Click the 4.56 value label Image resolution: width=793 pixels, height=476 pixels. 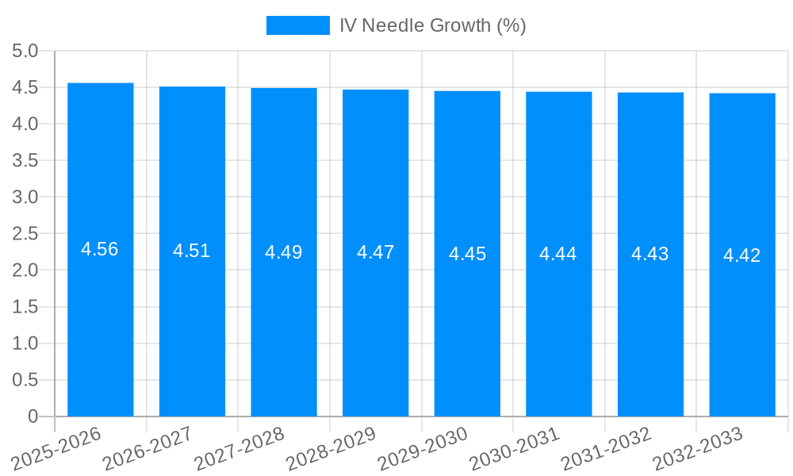[100, 249]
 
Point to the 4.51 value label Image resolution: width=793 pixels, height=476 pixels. [192, 251]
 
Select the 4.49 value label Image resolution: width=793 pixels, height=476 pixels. [284, 252]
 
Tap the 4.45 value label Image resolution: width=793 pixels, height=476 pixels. [467, 254]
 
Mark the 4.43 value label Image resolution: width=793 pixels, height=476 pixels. [650, 254]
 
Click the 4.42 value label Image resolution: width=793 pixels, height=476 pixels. [742, 255]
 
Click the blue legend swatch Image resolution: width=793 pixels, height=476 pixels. [297, 25]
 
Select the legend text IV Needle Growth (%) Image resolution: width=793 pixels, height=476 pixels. [433, 25]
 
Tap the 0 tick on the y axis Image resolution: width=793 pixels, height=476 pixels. [33, 416]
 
